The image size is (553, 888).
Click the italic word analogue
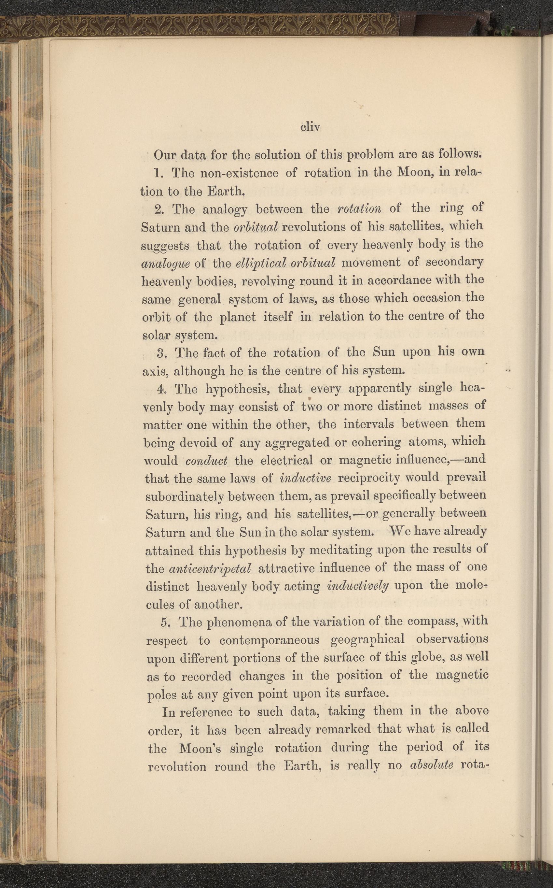pos(165,264)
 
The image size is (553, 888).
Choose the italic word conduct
pos(206,461)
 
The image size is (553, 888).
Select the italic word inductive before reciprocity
pos(305,478)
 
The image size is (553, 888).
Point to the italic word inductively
pos(358,586)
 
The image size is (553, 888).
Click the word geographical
pos(367,639)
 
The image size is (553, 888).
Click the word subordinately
pos(184,497)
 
